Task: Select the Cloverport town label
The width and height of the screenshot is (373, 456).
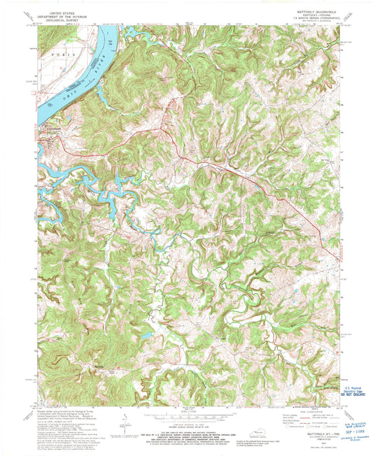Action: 46,127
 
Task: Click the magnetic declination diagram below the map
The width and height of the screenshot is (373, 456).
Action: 126,419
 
